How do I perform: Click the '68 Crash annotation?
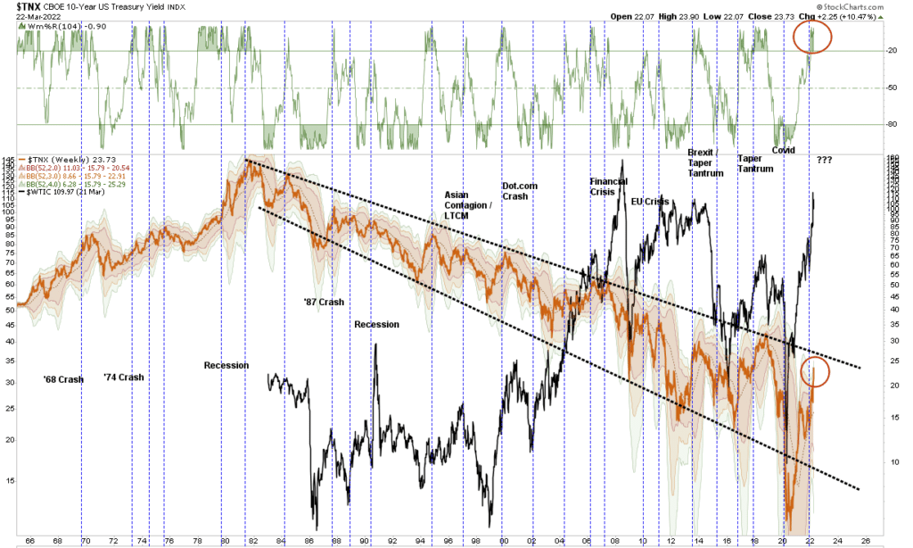(63, 379)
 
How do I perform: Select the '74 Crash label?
(123, 377)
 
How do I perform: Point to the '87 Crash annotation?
(324, 302)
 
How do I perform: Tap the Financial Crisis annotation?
(609, 187)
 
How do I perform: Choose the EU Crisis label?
(650, 202)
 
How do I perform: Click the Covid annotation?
(783, 150)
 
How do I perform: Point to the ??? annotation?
(825, 160)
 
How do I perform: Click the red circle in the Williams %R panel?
(812, 37)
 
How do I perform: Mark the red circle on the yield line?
(815, 370)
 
